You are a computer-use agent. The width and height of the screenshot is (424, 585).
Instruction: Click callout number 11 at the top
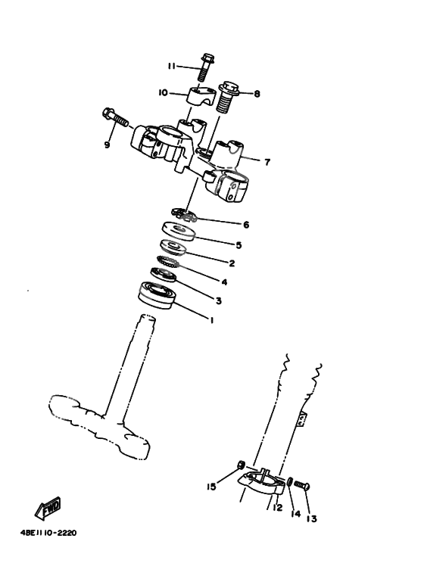172,67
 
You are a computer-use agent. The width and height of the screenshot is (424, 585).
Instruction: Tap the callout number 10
163,93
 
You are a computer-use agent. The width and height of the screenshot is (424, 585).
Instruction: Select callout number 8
257,95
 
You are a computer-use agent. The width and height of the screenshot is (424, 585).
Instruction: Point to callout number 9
107,145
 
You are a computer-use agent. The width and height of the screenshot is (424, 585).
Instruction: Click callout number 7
267,161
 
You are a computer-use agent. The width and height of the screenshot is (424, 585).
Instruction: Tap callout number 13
312,519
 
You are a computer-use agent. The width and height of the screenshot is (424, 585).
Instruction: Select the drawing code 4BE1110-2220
48,532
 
